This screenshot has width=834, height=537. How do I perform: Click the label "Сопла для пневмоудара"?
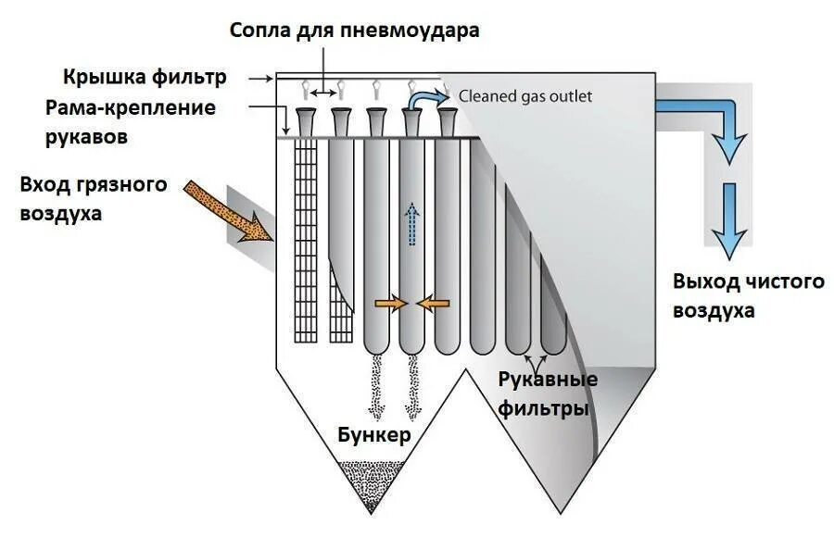[x=355, y=31]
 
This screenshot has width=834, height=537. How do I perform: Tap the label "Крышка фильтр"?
[x=145, y=76]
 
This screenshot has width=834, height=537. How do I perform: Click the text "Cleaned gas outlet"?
[x=525, y=96]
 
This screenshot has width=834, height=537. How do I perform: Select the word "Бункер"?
[x=373, y=435]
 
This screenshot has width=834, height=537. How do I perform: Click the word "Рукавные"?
[x=547, y=381]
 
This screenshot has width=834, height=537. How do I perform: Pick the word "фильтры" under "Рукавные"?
[x=543, y=407]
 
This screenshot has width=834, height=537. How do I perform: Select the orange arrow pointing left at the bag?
[x=433, y=303]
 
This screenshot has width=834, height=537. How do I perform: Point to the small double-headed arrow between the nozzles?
[x=323, y=93]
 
